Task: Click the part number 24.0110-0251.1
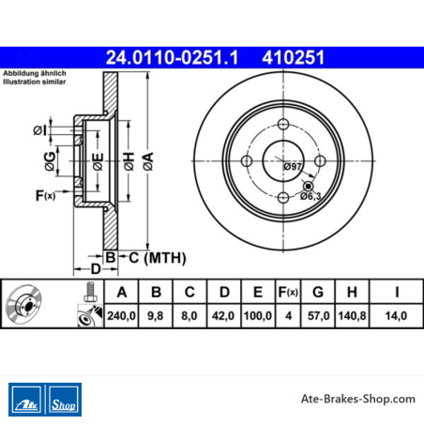[x=172, y=57]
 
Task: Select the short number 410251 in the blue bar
[x=294, y=57]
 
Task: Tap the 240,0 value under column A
[x=121, y=316]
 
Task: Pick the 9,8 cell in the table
[x=156, y=316]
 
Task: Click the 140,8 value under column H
[x=352, y=316]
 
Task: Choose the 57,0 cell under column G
[x=318, y=316]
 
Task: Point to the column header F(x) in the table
[x=288, y=292]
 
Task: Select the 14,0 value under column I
[x=396, y=316]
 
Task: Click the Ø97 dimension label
[x=293, y=166]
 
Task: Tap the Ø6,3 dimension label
[x=310, y=196]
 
